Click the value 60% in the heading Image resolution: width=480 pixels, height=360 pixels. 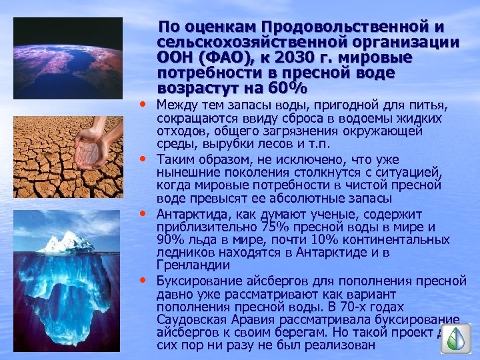[x=287, y=88]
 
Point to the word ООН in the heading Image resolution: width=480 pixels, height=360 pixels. [x=173, y=57]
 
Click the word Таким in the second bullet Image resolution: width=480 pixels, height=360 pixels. [x=174, y=161]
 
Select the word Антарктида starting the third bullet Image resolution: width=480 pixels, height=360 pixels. [x=191, y=213]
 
